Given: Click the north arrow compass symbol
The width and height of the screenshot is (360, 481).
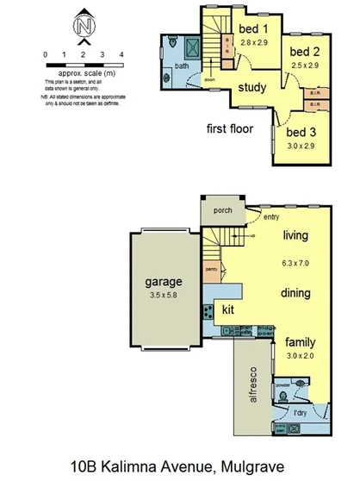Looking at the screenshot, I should pyautogui.click(x=84, y=28).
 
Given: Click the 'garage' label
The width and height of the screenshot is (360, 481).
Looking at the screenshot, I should pyautogui.click(x=163, y=281).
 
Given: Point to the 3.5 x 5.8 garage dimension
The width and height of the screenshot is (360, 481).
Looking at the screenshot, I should pyautogui.click(x=163, y=297).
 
